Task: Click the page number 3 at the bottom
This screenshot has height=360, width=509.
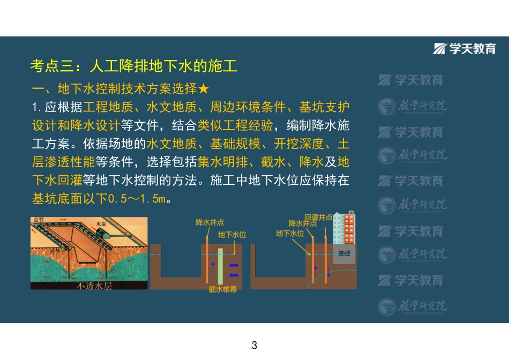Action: (254, 344)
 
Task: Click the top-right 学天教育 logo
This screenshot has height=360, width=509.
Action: (465, 49)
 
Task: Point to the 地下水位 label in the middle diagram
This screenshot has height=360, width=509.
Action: (232, 235)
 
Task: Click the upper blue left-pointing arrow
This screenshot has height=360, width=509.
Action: (234, 265)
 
